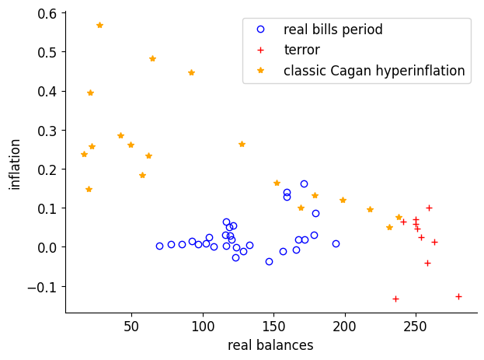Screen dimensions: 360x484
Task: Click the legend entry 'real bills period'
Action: tap(333, 30)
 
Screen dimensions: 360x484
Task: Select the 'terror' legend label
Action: tap(301, 51)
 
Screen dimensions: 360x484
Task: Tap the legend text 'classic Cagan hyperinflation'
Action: tap(374, 71)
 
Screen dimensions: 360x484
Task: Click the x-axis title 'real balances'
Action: tap(270, 345)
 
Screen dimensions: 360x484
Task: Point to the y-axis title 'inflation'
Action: tap(16, 164)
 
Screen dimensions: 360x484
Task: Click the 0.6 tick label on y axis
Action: tap(47, 13)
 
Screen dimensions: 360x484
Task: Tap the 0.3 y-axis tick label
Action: tap(47, 130)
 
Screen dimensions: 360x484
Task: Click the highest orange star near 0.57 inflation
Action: tap(99, 25)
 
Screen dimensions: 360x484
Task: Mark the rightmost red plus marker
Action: tap(458, 296)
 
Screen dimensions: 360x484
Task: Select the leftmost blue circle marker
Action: tap(159, 246)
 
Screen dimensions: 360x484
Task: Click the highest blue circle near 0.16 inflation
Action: tap(304, 183)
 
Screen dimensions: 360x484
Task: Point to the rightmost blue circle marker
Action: tap(336, 243)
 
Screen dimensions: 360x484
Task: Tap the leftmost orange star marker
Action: tap(84, 154)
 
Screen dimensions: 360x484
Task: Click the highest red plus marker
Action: tap(429, 208)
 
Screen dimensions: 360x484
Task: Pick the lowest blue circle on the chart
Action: tap(269, 261)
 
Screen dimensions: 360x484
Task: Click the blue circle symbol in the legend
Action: tap(260, 30)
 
